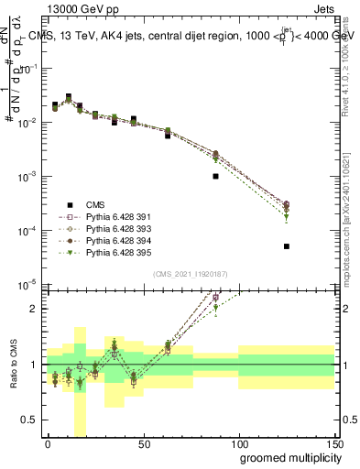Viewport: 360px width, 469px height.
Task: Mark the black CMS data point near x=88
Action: (215, 176)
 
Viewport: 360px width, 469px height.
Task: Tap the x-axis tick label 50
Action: (143, 443)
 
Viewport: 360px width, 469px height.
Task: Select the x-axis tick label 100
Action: (238, 443)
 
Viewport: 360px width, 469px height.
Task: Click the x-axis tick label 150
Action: (333, 443)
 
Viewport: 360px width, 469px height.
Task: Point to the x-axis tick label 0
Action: (48, 443)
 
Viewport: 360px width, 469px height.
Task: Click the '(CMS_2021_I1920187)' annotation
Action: (190, 273)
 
